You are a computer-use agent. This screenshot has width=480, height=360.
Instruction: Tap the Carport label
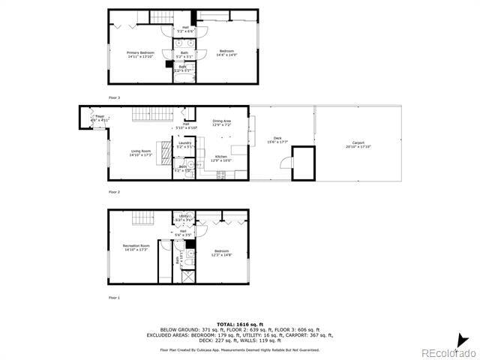point(358,145)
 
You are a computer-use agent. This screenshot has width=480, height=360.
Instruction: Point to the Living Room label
point(140,152)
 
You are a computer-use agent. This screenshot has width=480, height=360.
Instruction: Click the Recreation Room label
point(136,247)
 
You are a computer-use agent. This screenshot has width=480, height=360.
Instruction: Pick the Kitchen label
point(220,157)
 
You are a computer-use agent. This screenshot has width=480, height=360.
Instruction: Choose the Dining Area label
point(221,122)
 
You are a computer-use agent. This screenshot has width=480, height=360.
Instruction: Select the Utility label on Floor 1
point(184,217)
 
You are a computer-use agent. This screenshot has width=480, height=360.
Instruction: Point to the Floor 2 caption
point(114,192)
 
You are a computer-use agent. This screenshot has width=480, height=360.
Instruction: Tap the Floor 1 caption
point(114,298)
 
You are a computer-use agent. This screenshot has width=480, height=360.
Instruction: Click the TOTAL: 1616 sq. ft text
point(239,323)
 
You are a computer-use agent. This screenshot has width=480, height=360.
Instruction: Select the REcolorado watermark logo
point(447,352)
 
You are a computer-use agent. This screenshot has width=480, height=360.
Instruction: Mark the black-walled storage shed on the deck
point(303,163)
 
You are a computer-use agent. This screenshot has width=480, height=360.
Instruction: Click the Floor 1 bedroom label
point(221,253)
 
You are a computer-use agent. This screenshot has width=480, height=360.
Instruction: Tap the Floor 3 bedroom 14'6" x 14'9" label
point(226,52)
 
